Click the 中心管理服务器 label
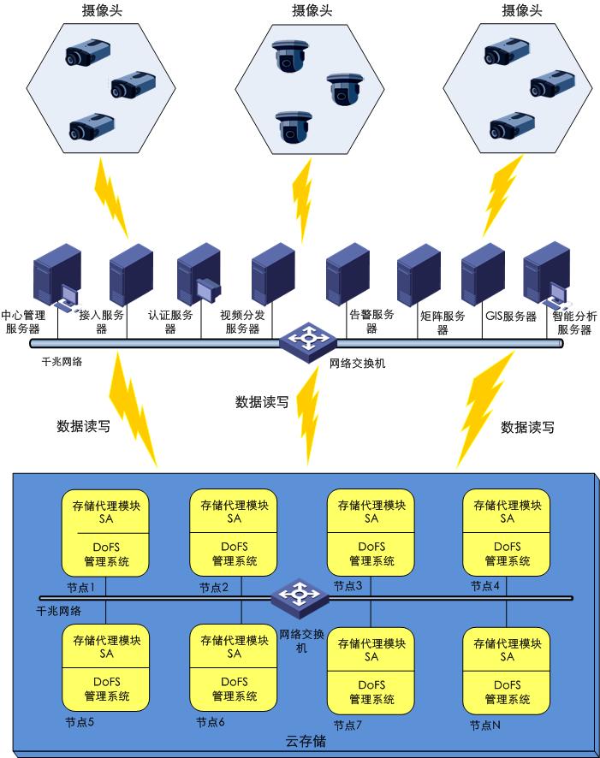(x=23, y=321)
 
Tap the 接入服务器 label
(x=100, y=322)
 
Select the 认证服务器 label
(x=169, y=322)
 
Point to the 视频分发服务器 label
(x=242, y=322)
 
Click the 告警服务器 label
(x=372, y=321)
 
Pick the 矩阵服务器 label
(x=443, y=323)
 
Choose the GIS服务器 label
(x=510, y=317)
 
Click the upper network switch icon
(x=305, y=340)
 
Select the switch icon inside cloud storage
(x=300, y=595)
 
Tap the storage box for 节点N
(x=507, y=671)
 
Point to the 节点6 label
(x=211, y=722)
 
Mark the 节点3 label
(x=348, y=586)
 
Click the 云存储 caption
(x=305, y=741)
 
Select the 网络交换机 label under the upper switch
(x=358, y=363)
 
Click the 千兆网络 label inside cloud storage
(x=59, y=611)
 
